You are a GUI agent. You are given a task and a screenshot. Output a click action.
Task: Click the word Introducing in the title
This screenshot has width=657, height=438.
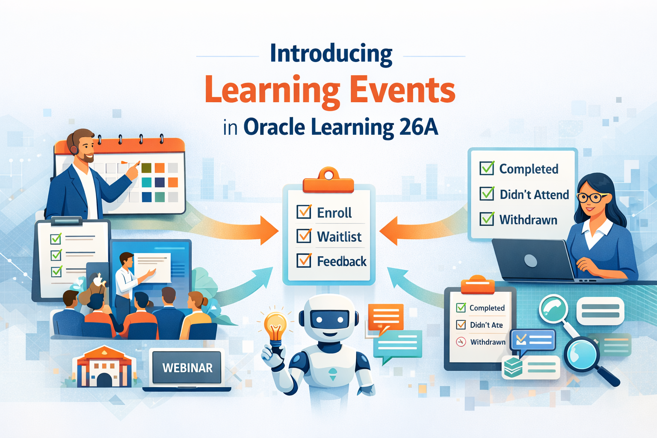click(331, 54)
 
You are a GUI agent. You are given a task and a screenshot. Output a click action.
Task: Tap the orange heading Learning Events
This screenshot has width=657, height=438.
click(330, 90)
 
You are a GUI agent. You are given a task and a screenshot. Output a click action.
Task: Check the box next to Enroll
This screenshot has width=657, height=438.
click(304, 212)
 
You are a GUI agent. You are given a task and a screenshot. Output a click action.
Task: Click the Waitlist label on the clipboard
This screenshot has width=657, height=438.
click(339, 237)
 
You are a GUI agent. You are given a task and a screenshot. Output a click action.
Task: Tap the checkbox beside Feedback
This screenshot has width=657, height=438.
click(304, 260)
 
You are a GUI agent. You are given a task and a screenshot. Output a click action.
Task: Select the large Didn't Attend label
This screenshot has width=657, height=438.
click(534, 195)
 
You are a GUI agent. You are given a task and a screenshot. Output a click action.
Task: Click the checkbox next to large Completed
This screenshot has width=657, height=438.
click(487, 169)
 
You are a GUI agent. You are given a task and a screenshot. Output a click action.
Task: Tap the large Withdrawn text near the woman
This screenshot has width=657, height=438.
click(528, 220)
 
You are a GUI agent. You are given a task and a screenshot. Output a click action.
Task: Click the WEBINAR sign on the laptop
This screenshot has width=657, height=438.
click(187, 368)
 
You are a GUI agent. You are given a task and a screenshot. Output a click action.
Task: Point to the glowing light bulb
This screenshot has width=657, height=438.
click(275, 327)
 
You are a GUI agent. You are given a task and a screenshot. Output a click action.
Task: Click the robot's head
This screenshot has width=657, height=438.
click(328, 317)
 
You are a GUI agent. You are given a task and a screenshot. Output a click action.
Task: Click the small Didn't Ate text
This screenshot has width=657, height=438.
click(486, 325)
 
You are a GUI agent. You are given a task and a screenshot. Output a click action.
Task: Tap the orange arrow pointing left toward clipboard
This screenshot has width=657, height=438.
click(406, 231)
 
